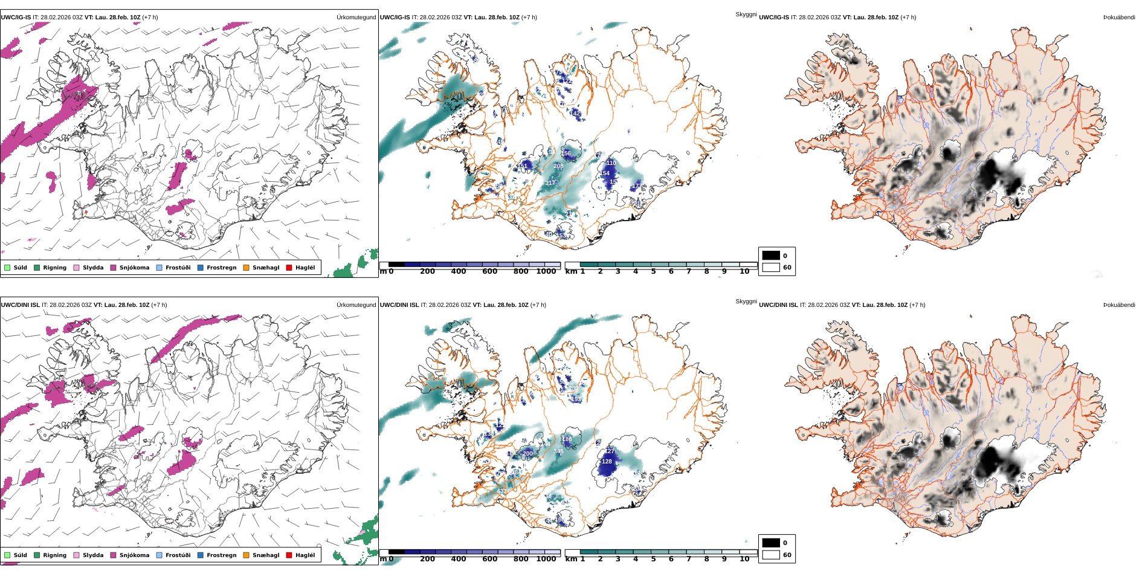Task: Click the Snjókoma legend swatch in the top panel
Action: (113, 268)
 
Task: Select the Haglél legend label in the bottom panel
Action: (305, 555)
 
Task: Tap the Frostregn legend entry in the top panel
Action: (221, 268)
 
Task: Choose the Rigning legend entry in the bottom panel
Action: (54, 555)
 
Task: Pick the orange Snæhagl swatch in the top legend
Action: (246, 268)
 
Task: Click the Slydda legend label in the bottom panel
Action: (93, 555)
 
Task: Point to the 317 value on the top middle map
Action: (550, 183)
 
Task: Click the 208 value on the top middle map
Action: (558, 166)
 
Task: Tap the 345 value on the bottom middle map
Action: (558, 451)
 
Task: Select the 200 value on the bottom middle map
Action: (527, 454)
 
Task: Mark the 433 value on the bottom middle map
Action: (501, 492)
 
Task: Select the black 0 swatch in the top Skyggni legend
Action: (771, 256)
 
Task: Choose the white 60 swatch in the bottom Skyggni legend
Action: (771, 555)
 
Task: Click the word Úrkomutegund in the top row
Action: (356, 18)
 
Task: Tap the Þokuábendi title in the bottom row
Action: (1119, 305)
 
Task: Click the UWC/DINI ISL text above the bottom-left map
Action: (20, 305)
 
